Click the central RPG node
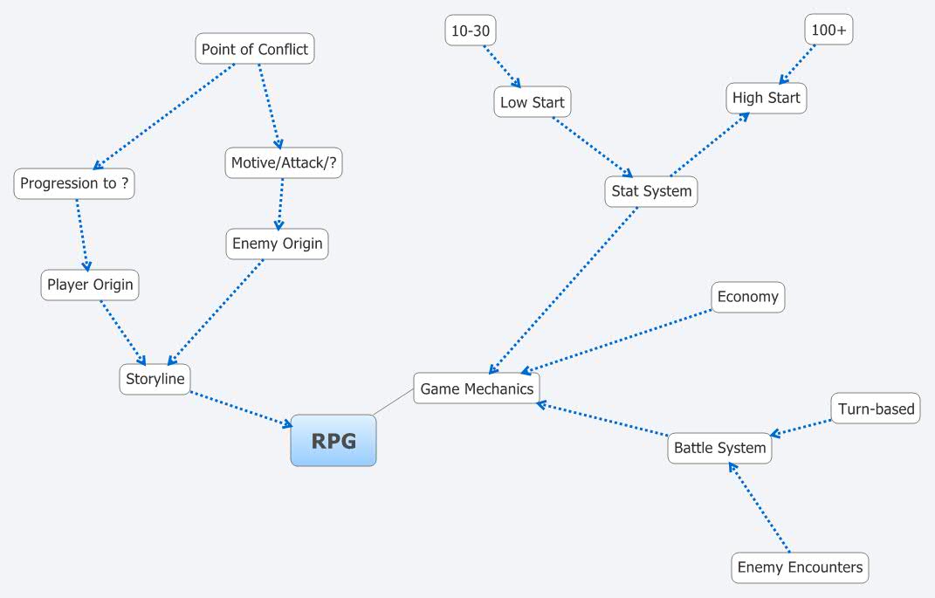[x=333, y=441]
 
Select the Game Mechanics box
[x=477, y=388]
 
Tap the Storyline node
[x=155, y=379]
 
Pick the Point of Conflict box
[x=254, y=49]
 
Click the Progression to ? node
[x=74, y=183]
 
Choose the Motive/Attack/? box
[x=284, y=162]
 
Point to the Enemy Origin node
[x=278, y=244]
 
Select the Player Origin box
[x=90, y=285]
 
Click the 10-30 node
[x=471, y=31]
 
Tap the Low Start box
[x=532, y=102]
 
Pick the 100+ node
[x=828, y=30]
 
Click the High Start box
[x=766, y=98]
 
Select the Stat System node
[x=651, y=191]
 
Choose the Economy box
[x=747, y=297]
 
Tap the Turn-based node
[x=876, y=409]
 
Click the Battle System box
[x=719, y=448]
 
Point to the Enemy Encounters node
[x=800, y=567]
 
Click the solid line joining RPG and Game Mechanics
[x=395, y=402]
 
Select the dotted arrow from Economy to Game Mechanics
[x=620, y=341]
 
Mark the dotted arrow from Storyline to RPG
[x=241, y=409]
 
